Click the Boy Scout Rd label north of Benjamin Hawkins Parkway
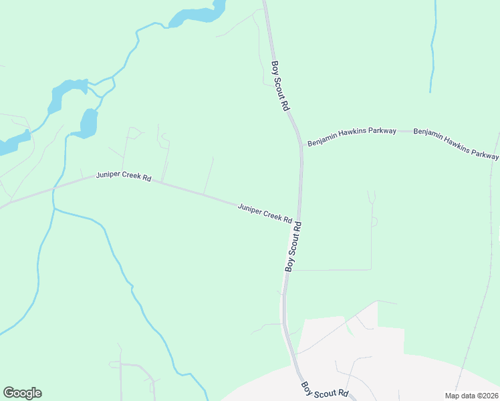click(280, 86)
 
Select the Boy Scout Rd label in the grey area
click(324, 390)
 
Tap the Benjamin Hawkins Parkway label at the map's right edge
click(456, 143)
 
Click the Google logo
click(22, 393)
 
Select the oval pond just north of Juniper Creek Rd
click(88, 123)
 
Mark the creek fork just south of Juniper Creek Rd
click(53, 209)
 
